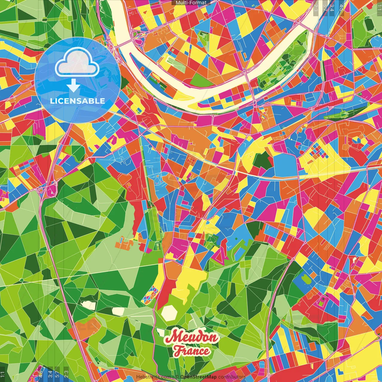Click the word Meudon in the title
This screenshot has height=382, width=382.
(191, 338)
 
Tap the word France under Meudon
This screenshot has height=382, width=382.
(192, 351)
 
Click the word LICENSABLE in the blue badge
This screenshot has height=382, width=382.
(78, 101)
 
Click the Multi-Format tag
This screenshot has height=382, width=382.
(191, 3)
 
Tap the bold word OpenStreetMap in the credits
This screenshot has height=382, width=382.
(198, 377)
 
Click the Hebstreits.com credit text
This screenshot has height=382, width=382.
(153, 377)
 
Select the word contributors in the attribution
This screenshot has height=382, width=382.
(232, 377)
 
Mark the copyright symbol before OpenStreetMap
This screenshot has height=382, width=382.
(177, 377)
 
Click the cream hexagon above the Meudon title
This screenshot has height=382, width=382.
(169, 313)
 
